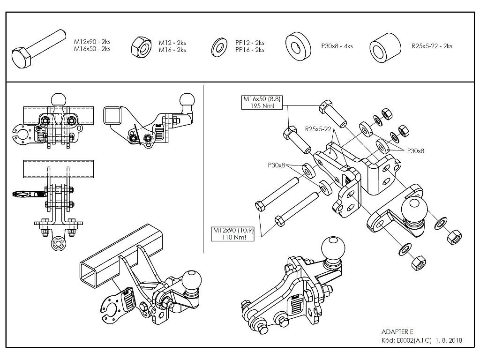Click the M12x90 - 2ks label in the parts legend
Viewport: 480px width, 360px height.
pyautogui.click(x=92, y=42)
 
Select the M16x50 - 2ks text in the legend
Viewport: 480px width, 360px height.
pyautogui.click(x=92, y=49)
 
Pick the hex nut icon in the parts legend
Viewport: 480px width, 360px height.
pyautogui.click(x=140, y=46)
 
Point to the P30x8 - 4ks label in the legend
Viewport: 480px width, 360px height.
pyautogui.click(x=337, y=46)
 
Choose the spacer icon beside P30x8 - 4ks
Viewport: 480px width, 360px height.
pyautogui.click(x=298, y=45)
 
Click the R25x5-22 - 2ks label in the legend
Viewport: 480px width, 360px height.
pyautogui.click(x=432, y=46)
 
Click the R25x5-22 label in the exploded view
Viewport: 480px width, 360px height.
pyautogui.click(x=318, y=128)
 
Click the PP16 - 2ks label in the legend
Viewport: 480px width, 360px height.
pyautogui.click(x=249, y=50)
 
